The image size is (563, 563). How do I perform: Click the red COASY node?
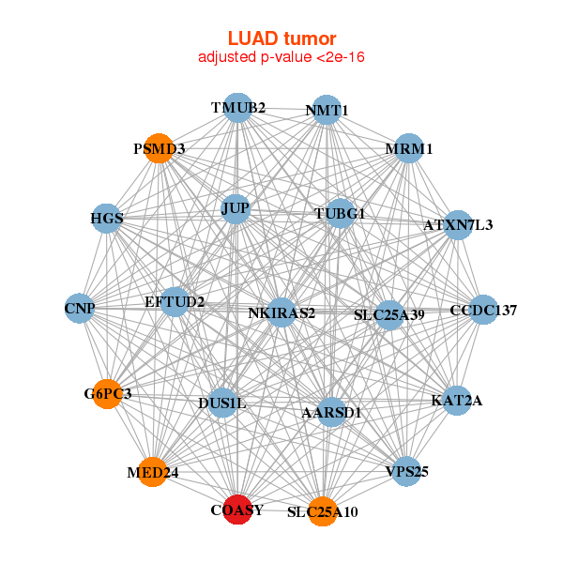(x=237, y=510)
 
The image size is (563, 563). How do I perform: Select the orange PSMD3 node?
(x=159, y=148)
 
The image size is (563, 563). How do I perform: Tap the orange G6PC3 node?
(x=108, y=394)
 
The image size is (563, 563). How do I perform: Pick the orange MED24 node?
(x=153, y=472)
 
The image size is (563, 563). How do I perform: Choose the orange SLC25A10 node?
(x=322, y=511)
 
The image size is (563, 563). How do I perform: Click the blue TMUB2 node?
(x=237, y=108)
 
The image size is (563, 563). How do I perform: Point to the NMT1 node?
(x=326, y=110)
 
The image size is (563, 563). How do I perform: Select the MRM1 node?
(x=408, y=148)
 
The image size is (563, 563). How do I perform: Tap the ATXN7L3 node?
(x=457, y=225)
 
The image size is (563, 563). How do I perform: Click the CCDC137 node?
(x=482, y=310)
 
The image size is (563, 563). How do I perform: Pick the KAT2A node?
(x=457, y=401)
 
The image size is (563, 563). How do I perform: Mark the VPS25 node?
(x=406, y=471)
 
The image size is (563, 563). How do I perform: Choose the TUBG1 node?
(x=339, y=214)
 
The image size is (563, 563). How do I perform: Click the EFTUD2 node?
(x=175, y=301)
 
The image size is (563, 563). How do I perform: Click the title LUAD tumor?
(x=281, y=38)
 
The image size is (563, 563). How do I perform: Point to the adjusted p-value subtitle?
(x=281, y=57)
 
